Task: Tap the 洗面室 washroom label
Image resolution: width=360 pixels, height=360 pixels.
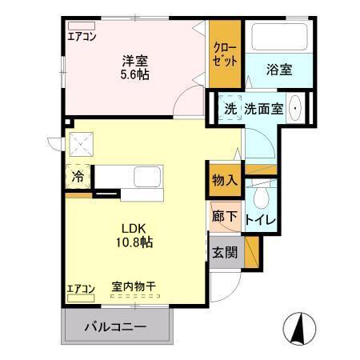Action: (x=263, y=109)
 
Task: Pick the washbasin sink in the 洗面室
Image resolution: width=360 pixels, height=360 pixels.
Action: (x=296, y=109)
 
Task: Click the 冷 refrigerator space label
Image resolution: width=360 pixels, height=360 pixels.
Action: (x=78, y=177)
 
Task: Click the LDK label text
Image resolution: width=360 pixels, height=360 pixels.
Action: (x=135, y=226)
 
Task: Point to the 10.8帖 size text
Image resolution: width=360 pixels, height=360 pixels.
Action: (x=135, y=241)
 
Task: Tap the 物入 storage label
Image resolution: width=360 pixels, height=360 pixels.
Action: (x=225, y=180)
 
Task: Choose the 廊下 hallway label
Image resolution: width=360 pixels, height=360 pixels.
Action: (x=225, y=216)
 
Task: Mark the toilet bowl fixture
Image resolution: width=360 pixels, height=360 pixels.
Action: (x=261, y=195)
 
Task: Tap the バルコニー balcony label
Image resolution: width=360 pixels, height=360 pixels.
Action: (x=116, y=327)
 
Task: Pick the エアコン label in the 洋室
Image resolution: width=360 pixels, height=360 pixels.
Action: (x=82, y=36)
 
